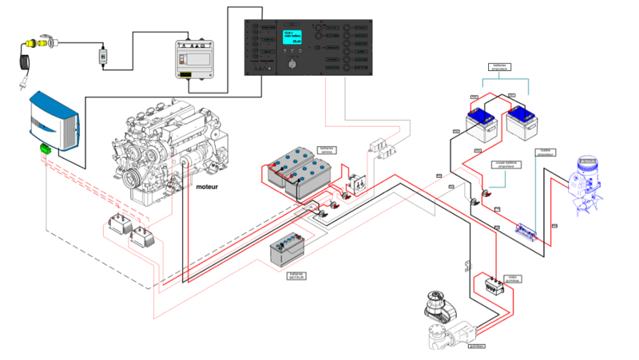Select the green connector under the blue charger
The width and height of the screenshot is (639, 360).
pyautogui.click(x=45, y=150)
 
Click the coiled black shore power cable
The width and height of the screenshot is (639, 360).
pyautogui.click(x=22, y=61)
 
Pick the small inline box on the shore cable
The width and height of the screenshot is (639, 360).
pyautogui.click(x=102, y=57)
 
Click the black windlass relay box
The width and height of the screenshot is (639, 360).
pyautogui.click(x=489, y=285)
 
